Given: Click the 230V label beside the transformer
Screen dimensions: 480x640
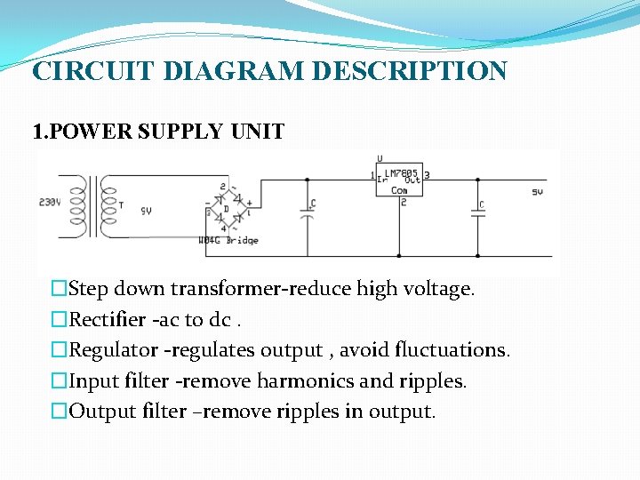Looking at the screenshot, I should click(50, 202).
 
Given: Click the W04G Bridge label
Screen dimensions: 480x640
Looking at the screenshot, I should click(228, 240).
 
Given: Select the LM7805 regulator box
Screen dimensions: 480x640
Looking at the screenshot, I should click(399, 180).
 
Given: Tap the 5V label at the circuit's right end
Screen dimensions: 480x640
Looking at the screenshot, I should click(537, 191).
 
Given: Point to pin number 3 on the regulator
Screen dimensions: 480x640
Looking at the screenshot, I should click(428, 175).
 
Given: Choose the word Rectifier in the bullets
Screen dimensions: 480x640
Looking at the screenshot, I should click(107, 320).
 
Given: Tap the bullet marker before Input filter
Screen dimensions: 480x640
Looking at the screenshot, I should click(59, 381).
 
